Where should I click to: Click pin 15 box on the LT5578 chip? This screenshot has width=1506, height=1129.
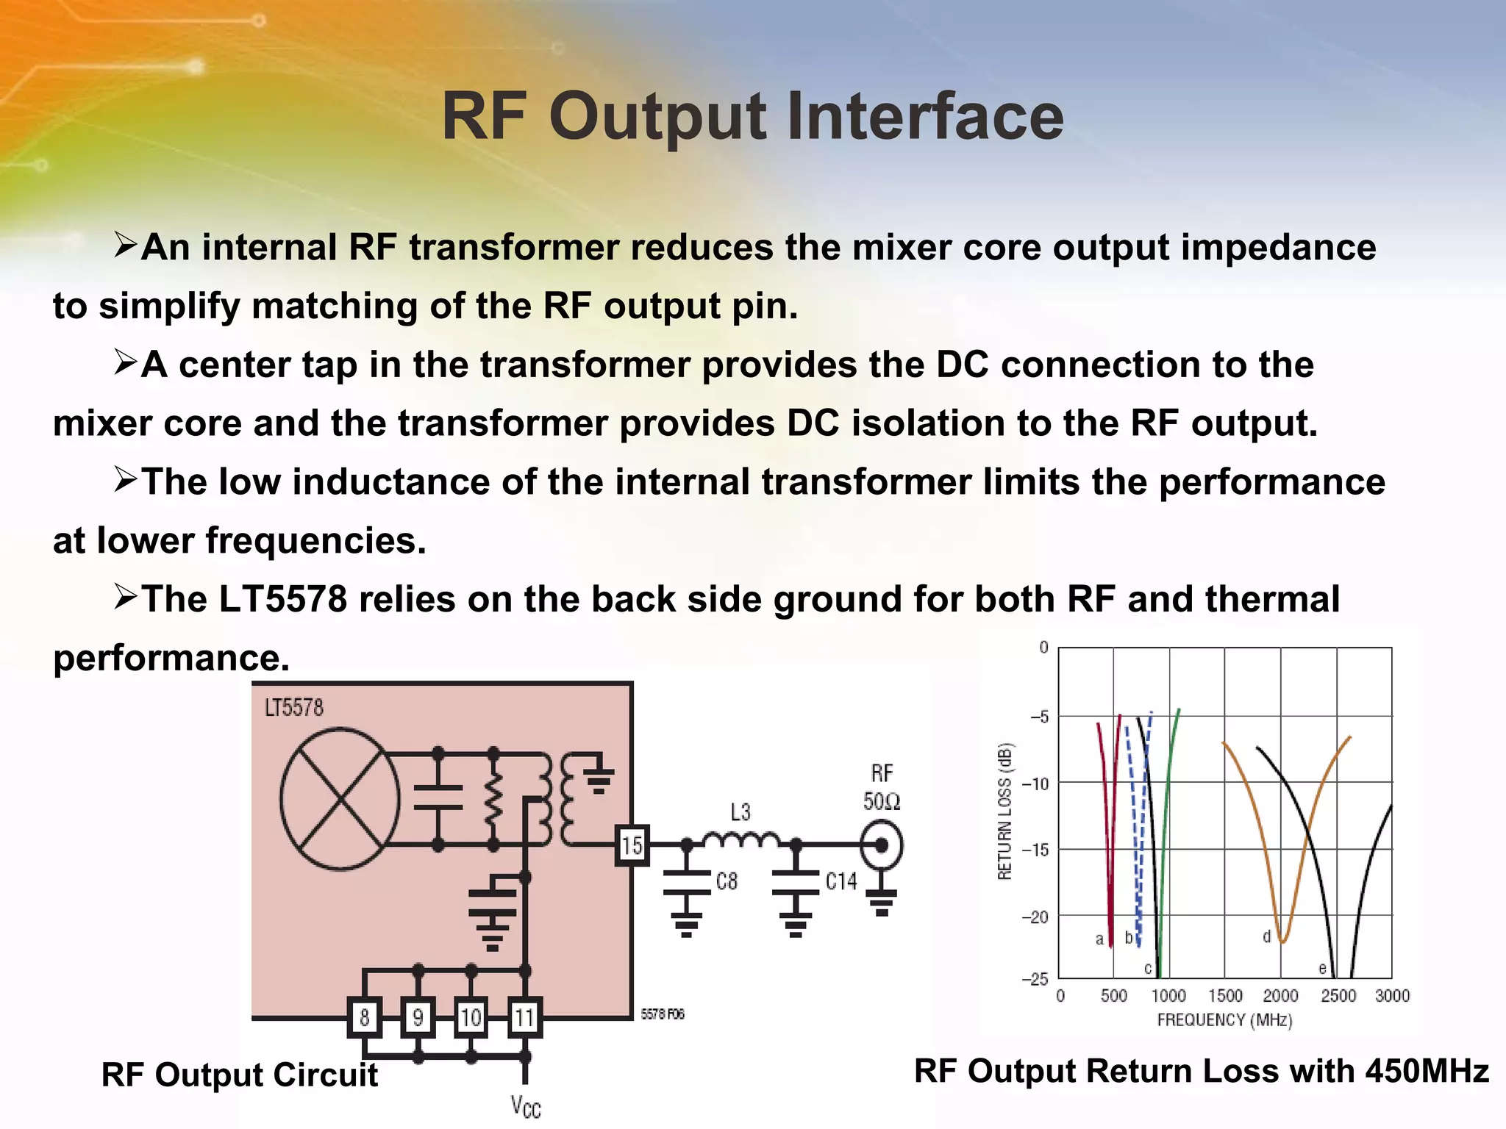click(x=632, y=845)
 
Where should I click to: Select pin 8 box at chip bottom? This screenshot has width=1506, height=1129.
click(x=364, y=1017)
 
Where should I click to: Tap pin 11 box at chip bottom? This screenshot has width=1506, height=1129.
click(x=524, y=1017)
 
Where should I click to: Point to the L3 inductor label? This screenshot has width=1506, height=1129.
click(x=740, y=812)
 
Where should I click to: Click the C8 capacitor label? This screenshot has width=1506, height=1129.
click(x=727, y=881)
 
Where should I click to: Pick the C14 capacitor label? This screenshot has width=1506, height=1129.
click(x=841, y=881)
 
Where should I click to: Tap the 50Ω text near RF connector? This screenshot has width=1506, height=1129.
click(x=882, y=801)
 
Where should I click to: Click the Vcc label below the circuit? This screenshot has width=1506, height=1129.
click(x=526, y=1105)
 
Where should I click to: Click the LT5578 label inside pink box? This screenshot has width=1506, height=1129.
click(x=293, y=708)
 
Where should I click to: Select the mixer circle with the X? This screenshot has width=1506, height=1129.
click(x=340, y=799)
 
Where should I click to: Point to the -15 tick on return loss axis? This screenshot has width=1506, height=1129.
click(x=1037, y=850)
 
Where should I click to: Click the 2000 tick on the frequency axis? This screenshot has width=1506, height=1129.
click(x=1280, y=996)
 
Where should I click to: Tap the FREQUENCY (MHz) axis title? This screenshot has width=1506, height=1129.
click(x=1224, y=1020)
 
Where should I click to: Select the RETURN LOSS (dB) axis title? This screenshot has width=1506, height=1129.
click(x=1005, y=811)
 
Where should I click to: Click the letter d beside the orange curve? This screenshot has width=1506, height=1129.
click(x=1266, y=936)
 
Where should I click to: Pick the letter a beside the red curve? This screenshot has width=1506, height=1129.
click(x=1099, y=939)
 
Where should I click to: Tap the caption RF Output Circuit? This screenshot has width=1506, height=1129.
click(x=240, y=1075)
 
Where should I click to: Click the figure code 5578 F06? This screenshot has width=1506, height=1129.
click(x=662, y=1014)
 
